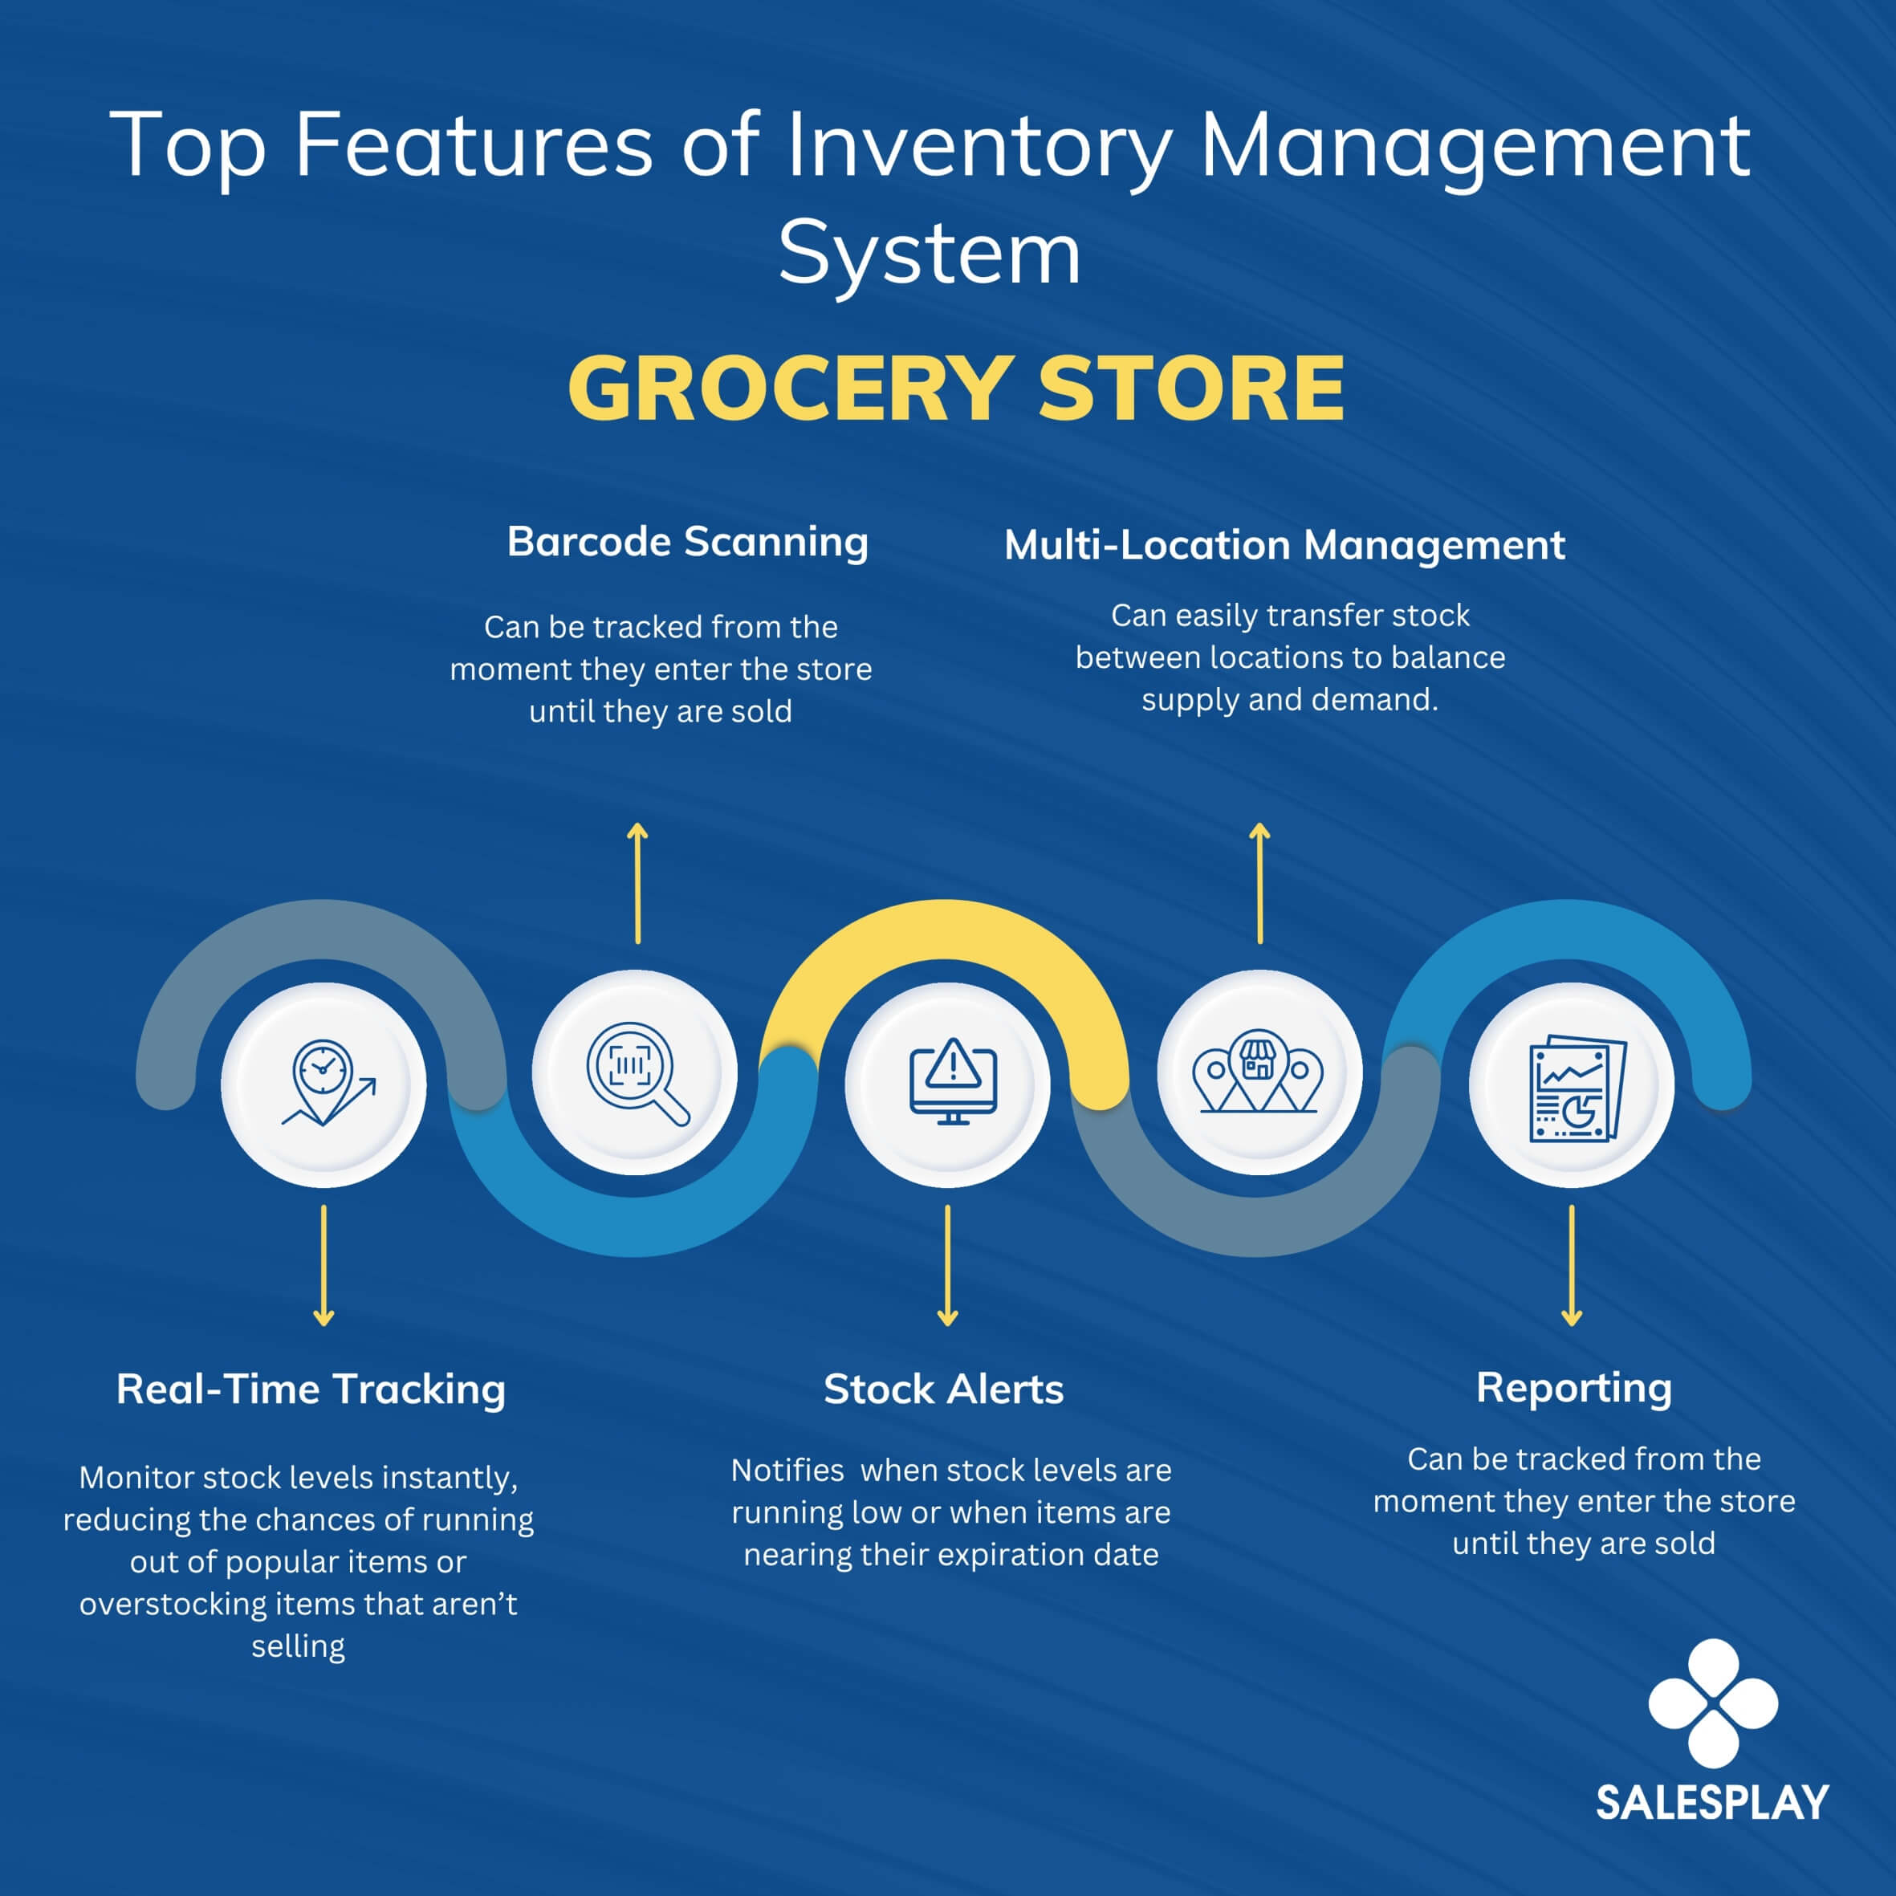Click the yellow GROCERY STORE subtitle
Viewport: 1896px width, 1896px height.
click(956, 389)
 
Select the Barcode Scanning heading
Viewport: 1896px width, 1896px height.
click(688, 543)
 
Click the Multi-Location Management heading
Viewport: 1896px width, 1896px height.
click(1284, 546)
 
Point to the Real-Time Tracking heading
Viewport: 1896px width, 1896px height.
click(311, 1389)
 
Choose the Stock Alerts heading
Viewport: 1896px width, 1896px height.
click(944, 1389)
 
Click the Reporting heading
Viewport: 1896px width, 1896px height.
click(1574, 1389)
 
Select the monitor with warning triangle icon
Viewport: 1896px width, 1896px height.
click(952, 1081)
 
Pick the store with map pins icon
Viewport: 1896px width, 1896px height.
click(1257, 1072)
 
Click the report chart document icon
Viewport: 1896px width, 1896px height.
click(1578, 1088)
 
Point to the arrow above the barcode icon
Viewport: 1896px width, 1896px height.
click(638, 883)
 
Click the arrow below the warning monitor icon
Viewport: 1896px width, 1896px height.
click(947, 1266)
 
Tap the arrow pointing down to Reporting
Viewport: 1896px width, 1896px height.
click(1571, 1266)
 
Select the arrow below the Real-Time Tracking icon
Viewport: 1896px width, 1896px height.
click(323, 1266)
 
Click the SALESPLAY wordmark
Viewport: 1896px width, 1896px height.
click(1712, 1803)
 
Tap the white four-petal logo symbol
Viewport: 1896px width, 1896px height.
click(1712, 1703)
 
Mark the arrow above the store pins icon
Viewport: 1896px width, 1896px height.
click(1260, 883)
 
